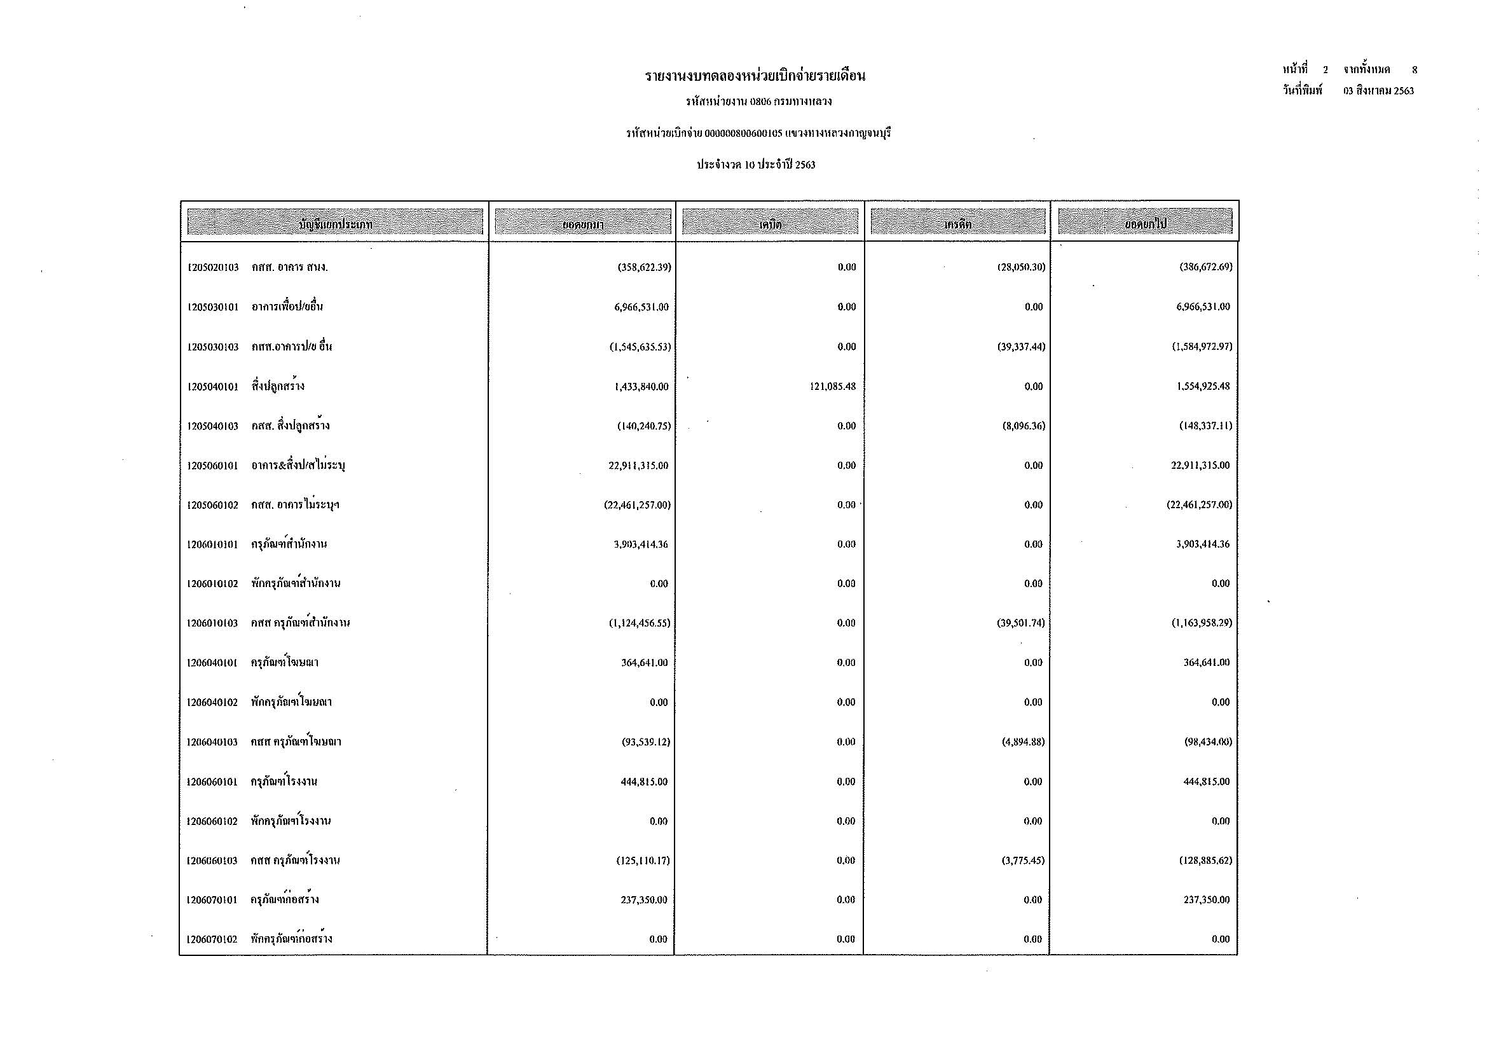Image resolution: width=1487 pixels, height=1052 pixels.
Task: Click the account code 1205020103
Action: point(213,268)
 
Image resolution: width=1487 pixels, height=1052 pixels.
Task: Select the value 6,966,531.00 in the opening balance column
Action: point(641,307)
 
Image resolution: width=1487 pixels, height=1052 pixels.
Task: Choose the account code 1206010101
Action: point(212,545)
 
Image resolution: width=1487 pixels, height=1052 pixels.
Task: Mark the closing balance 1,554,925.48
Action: point(1203,387)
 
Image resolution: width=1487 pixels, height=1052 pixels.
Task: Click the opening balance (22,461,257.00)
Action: point(637,505)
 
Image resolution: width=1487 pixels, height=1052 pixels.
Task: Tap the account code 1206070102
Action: point(212,940)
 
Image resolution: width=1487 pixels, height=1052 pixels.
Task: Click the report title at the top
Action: point(755,76)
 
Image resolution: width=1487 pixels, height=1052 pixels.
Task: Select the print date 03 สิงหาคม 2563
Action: point(1378,92)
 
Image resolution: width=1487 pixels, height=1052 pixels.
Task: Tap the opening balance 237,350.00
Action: point(644,901)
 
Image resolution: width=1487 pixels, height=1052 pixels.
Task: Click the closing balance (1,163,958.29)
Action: point(1202,623)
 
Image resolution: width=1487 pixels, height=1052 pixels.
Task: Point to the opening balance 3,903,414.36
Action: point(641,545)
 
